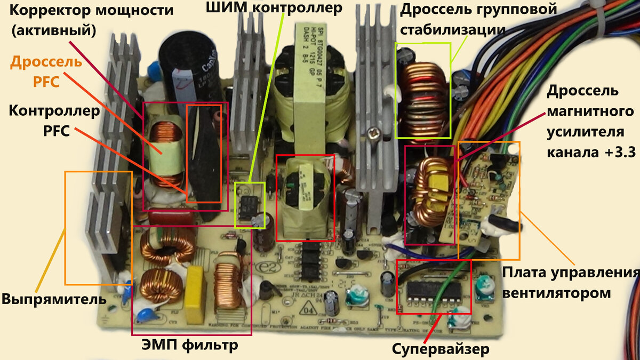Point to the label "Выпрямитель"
[53, 299]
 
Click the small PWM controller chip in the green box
[249, 205]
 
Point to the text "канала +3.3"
[590, 151]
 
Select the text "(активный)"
[53, 30]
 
